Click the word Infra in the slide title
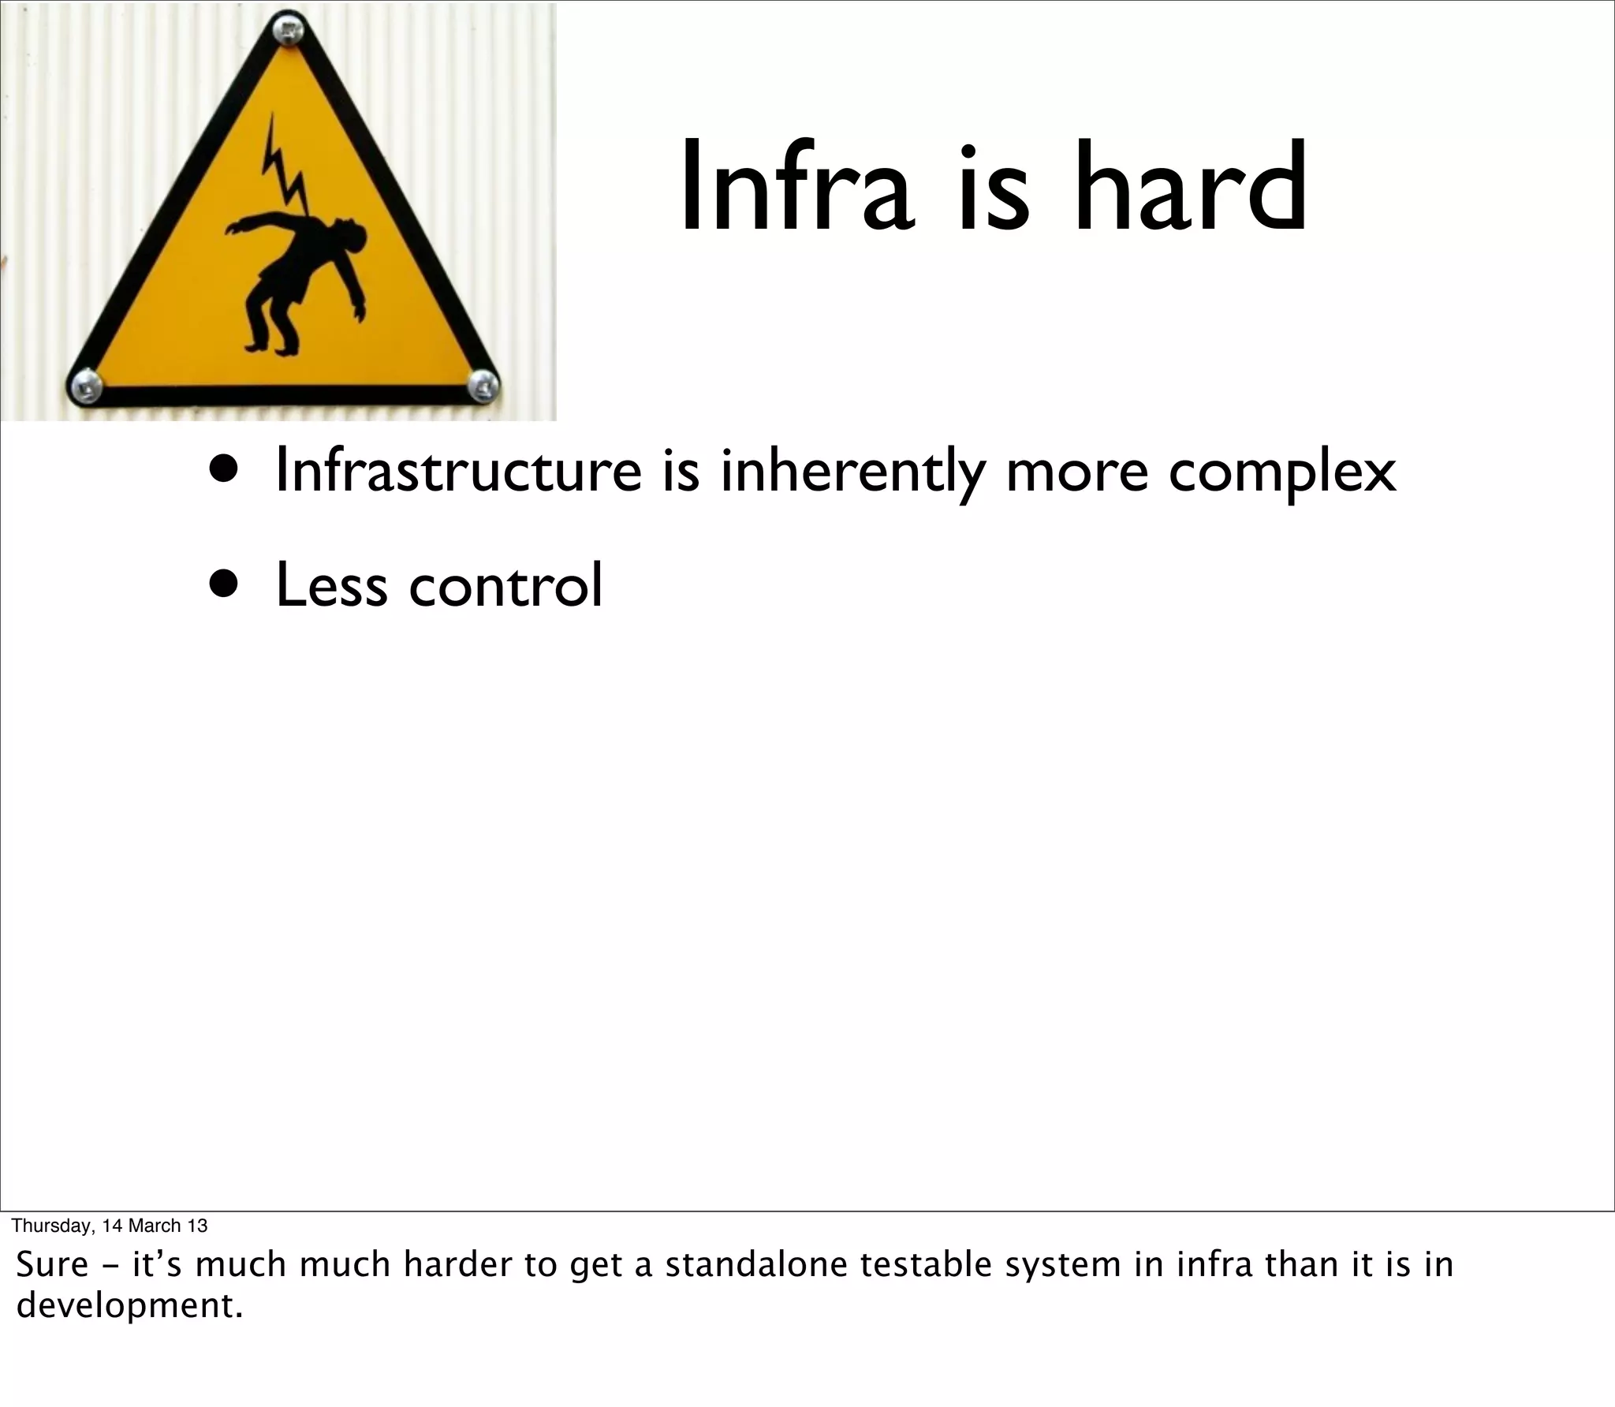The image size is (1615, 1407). tap(796, 187)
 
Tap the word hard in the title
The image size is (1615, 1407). tap(1191, 187)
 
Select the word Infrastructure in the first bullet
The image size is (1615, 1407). tap(458, 470)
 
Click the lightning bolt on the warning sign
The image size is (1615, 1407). tap(283, 170)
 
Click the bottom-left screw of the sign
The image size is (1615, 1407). tap(84, 386)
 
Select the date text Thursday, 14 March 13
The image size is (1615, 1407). tap(110, 1225)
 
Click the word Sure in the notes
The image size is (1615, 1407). tap(52, 1265)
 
